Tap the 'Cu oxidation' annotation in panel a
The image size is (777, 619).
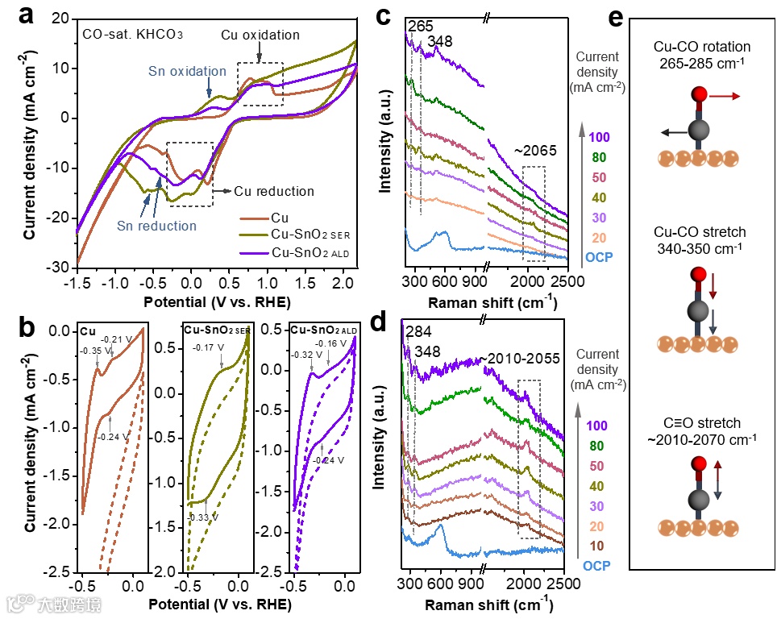(260, 35)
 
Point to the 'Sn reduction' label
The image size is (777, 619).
(156, 226)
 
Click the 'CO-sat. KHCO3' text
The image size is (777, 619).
(132, 35)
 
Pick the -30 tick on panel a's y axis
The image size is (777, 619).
(60, 267)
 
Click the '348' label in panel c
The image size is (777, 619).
(440, 40)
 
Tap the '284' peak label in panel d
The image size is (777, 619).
(418, 332)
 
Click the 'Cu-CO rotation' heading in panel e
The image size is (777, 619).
(702, 47)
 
